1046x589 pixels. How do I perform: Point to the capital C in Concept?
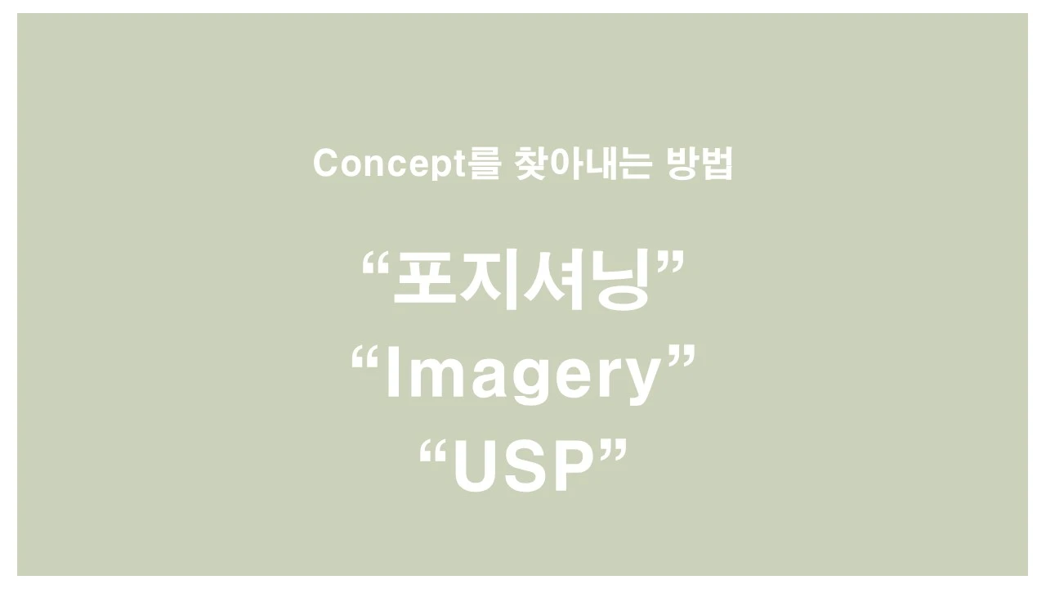326,164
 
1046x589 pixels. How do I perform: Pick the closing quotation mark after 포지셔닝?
668,263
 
